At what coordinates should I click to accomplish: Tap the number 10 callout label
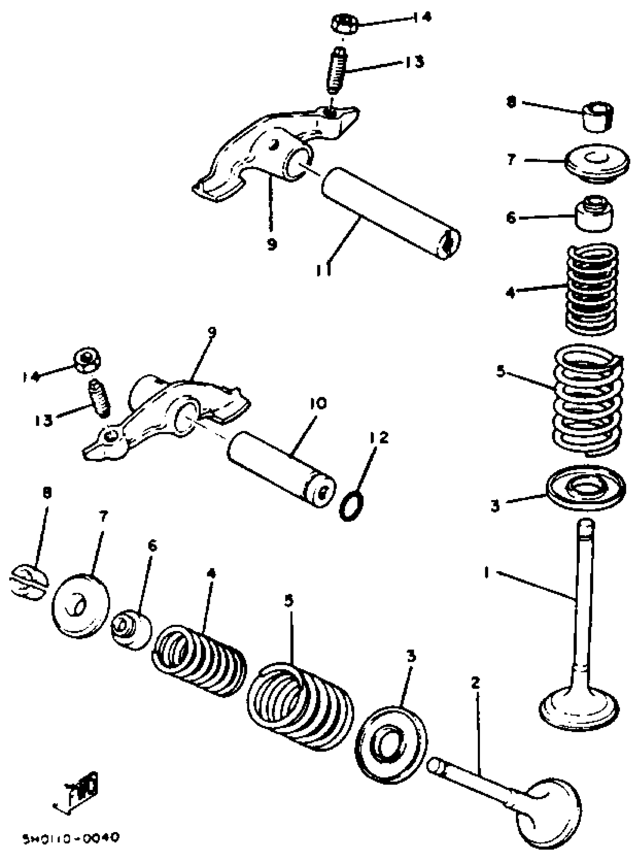[x=318, y=404]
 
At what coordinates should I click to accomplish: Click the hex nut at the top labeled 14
[x=344, y=24]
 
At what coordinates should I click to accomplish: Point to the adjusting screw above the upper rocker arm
[x=335, y=70]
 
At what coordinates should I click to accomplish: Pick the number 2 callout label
[x=475, y=683]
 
